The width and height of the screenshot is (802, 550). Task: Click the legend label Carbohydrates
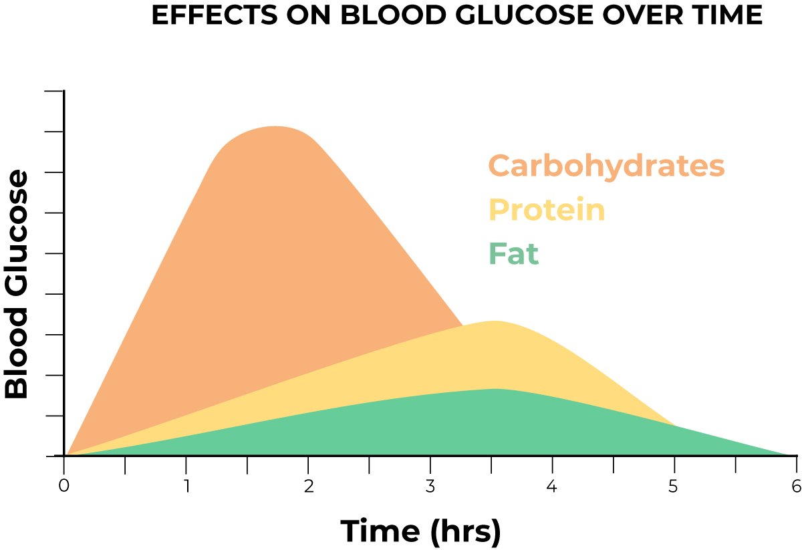click(x=606, y=166)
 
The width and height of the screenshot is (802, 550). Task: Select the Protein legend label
click(x=547, y=210)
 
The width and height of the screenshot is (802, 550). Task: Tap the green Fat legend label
click(x=513, y=254)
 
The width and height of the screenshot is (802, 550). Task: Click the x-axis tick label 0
click(x=63, y=486)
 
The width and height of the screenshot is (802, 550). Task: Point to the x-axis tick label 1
click(x=186, y=486)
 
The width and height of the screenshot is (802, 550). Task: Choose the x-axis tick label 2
click(x=308, y=486)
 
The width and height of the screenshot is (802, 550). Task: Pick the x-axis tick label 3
click(x=430, y=486)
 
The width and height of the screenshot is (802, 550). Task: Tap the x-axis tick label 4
click(x=552, y=486)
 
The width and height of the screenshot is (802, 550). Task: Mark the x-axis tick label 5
click(x=674, y=486)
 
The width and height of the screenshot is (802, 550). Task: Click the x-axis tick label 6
click(x=795, y=486)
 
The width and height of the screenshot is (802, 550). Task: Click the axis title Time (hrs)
click(x=420, y=531)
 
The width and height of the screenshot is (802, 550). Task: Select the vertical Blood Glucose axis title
click(x=18, y=285)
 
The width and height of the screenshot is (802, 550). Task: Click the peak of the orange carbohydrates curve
click(x=275, y=126)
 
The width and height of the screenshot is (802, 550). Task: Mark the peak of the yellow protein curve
click(x=493, y=321)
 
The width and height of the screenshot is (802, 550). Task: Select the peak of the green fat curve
click(x=495, y=389)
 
